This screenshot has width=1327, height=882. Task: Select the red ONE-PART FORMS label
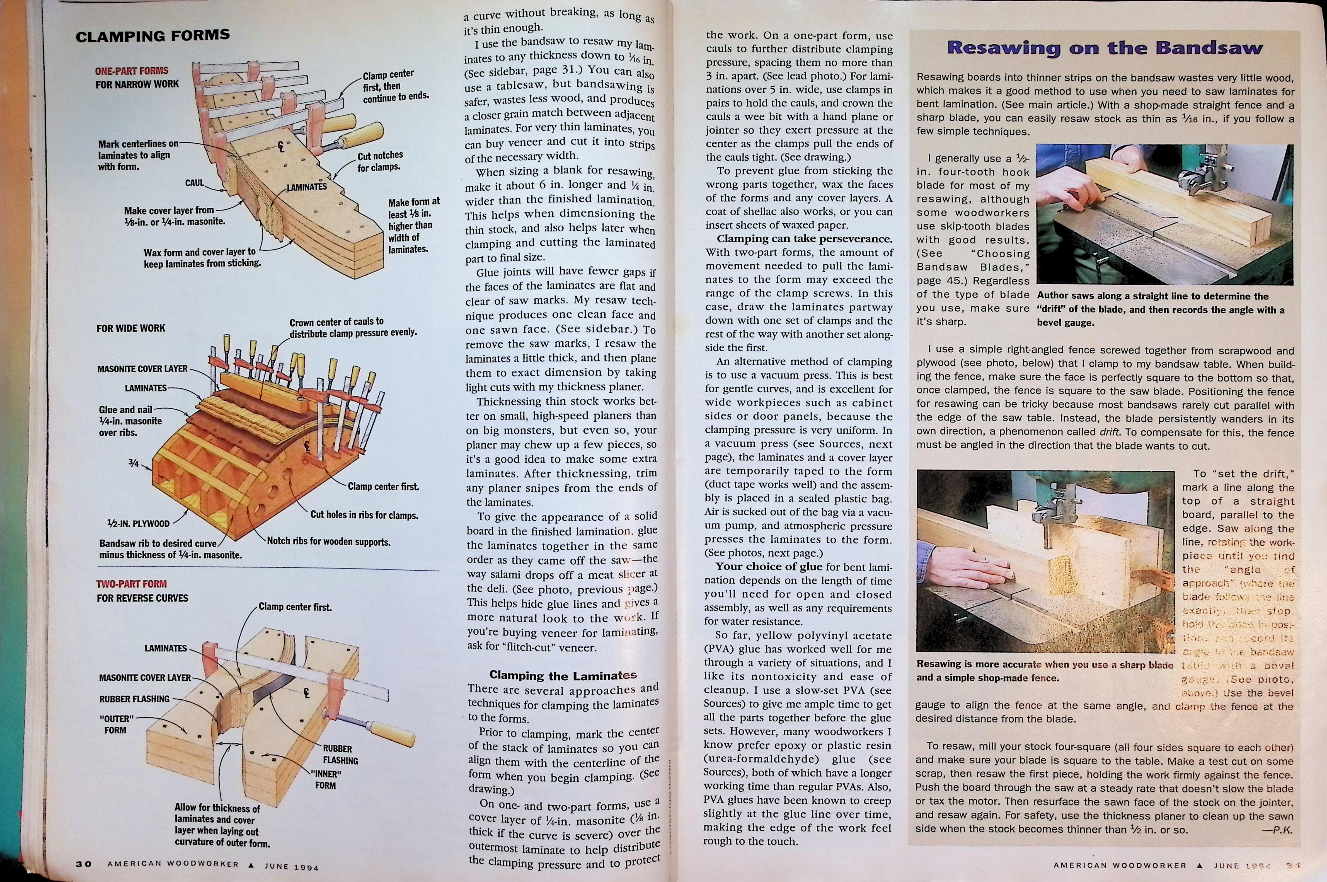pos(132,71)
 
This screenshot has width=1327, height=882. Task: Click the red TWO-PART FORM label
pos(132,584)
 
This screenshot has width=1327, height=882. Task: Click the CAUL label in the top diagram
pos(195,183)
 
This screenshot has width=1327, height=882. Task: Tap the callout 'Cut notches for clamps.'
pos(380,161)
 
